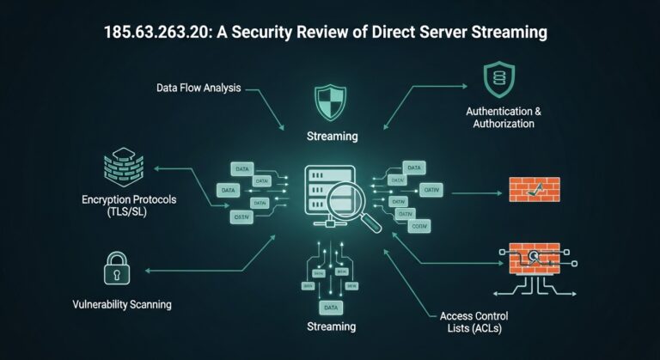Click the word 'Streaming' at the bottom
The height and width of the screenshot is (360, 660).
tap(331, 326)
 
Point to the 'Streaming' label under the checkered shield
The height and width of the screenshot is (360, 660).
tap(332, 136)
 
